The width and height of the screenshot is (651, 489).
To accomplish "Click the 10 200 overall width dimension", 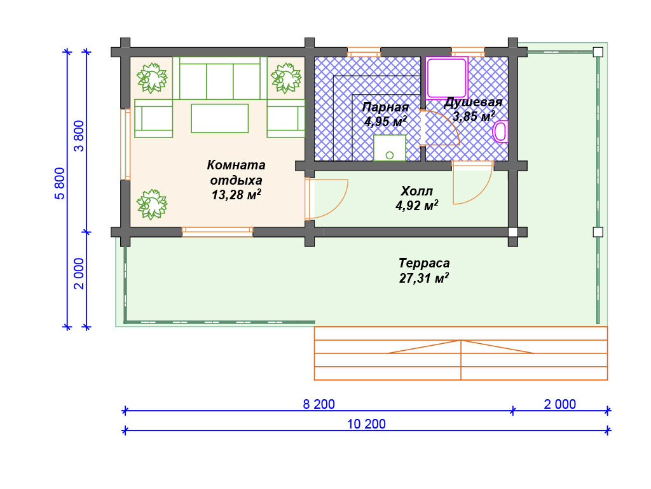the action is [366, 424].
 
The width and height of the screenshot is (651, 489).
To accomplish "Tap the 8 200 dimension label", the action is [319, 404].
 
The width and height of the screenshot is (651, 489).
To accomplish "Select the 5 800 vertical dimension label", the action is [60, 183].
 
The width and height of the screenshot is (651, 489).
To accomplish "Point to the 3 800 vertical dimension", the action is [79, 136].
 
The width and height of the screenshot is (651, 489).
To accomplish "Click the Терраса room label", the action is [424, 263].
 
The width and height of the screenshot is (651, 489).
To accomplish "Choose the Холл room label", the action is [416, 191].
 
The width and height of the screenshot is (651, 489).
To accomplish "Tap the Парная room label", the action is [385, 107].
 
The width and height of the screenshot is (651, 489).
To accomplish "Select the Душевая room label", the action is [473, 102].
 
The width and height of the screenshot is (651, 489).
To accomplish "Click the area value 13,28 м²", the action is [236, 195].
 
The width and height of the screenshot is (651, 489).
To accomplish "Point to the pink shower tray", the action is [447, 78].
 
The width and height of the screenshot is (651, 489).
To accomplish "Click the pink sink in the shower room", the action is [501, 131].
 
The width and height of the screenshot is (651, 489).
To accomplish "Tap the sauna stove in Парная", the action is [390, 148].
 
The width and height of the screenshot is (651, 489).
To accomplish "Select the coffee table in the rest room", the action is [219, 118].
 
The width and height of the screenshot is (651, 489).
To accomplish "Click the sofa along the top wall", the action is [219, 78].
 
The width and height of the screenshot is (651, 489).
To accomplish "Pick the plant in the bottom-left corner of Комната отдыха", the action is [152, 204].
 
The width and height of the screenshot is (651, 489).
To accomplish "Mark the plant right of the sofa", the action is [285, 78].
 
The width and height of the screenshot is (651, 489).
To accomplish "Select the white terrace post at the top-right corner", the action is [598, 52].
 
